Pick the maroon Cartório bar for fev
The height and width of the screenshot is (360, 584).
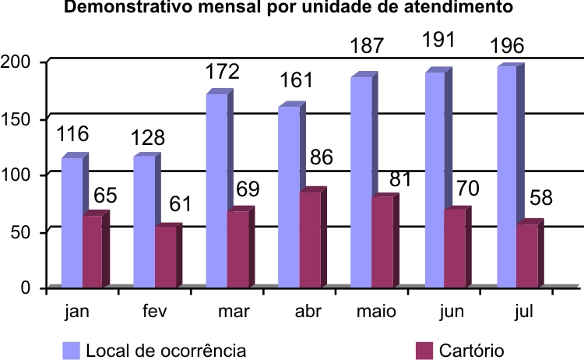(x=166, y=256)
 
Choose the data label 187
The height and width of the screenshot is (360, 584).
(x=366, y=46)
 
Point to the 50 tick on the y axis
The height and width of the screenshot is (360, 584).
(x=20, y=231)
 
